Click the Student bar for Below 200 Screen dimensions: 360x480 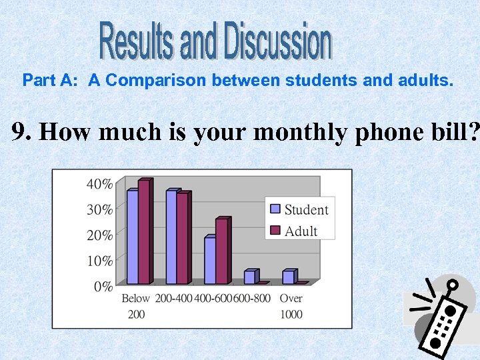pyautogui.click(x=132, y=237)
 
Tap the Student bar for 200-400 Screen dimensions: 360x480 pyautogui.click(x=171, y=237)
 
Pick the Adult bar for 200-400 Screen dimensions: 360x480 pyautogui.click(x=183, y=238)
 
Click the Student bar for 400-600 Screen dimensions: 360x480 pyautogui.click(x=210, y=260)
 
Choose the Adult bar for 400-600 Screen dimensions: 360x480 pyautogui.click(x=221, y=251)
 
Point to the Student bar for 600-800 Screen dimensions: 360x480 pyautogui.click(x=249, y=277)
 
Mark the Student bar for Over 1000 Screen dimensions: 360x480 pyautogui.click(x=288, y=277)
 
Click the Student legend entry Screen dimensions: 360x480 pyautogui.click(x=299, y=209)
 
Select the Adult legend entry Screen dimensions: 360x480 pyautogui.click(x=294, y=231)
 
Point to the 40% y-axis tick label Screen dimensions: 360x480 pyautogui.click(x=99, y=184)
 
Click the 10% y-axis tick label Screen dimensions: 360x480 pyautogui.click(x=99, y=261)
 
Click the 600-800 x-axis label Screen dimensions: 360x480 pyautogui.click(x=252, y=298)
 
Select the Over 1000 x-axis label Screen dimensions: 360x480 pyautogui.click(x=291, y=306)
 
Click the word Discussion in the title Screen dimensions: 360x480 pyautogui.click(x=278, y=41)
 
